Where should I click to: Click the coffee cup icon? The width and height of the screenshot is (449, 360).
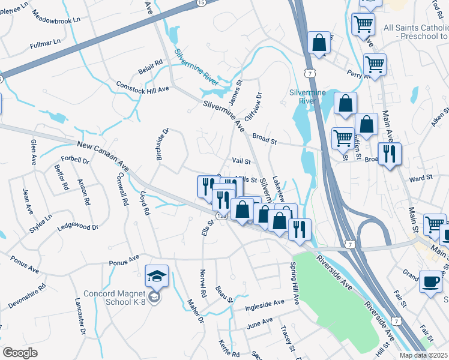pyautogui.click(x=430, y=281)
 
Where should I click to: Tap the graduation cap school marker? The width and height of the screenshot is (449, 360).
pyautogui.click(x=157, y=277)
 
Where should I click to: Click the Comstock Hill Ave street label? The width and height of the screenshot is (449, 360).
pyautogui.click(x=143, y=88)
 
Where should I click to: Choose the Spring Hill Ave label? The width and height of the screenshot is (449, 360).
pyautogui.click(x=294, y=283)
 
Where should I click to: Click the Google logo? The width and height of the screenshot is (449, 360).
pyautogui.click(x=20, y=352)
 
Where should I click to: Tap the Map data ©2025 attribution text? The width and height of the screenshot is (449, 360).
pyautogui.click(x=423, y=355)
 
